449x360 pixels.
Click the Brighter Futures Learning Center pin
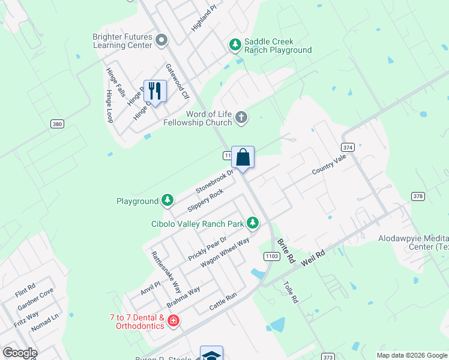pyautogui.click(x=161, y=41)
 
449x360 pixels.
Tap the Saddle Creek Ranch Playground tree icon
pyautogui.click(x=235, y=45)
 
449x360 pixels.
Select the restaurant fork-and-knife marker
pyautogui.click(x=155, y=91)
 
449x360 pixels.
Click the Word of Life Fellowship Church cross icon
pyautogui.click(x=241, y=118)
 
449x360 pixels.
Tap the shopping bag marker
pyautogui.click(x=243, y=158)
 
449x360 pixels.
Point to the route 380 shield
pyautogui.click(x=57, y=124)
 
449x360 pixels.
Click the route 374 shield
pyautogui.click(x=347, y=147)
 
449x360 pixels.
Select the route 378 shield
pyautogui.click(x=418, y=196)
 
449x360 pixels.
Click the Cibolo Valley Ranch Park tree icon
pyautogui.click(x=253, y=224)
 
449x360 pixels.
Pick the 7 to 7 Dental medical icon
pyautogui.click(x=173, y=322)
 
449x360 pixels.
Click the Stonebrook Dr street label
pyautogui.click(x=213, y=181)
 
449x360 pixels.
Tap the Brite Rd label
pyautogui.click(x=286, y=250)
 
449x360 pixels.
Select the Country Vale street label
pyautogui.click(x=329, y=167)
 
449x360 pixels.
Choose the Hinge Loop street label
pyautogui.click(x=110, y=106)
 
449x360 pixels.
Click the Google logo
pyautogui.click(x=20, y=353)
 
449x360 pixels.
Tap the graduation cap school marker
pyautogui.click(x=211, y=355)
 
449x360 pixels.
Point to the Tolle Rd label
pyautogui.click(x=290, y=292)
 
